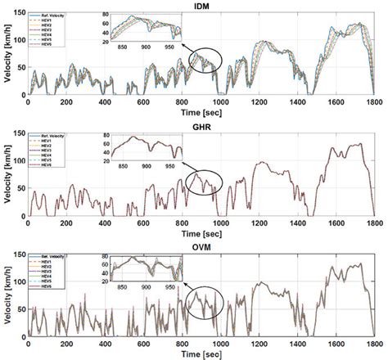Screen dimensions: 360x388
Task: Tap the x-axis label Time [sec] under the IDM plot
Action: tap(201, 111)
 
